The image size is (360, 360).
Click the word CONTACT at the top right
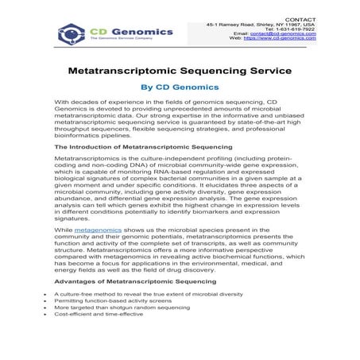click(300, 19)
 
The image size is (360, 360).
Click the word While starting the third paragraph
click(63, 229)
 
